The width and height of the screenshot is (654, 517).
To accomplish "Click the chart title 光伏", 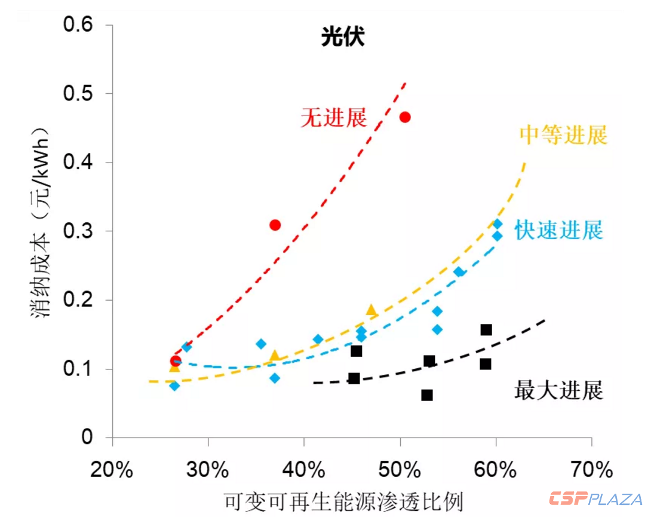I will click(x=342, y=38).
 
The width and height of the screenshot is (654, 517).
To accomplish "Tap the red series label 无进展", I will click(x=333, y=118).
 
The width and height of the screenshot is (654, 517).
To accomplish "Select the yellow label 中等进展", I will click(x=563, y=135).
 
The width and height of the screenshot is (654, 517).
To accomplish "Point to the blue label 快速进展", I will click(x=559, y=230).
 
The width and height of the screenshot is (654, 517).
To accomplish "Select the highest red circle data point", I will click(x=405, y=117).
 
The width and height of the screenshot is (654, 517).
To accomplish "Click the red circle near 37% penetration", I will click(x=275, y=225).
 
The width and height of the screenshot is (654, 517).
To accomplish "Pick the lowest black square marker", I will click(x=427, y=395).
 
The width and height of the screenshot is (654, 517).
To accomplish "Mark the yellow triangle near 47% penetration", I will click(x=371, y=310).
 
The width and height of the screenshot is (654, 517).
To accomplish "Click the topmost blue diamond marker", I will click(x=498, y=224).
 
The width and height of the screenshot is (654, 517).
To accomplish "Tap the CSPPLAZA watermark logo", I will click(x=595, y=499).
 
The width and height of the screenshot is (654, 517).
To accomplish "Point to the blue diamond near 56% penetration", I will click(x=459, y=272).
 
